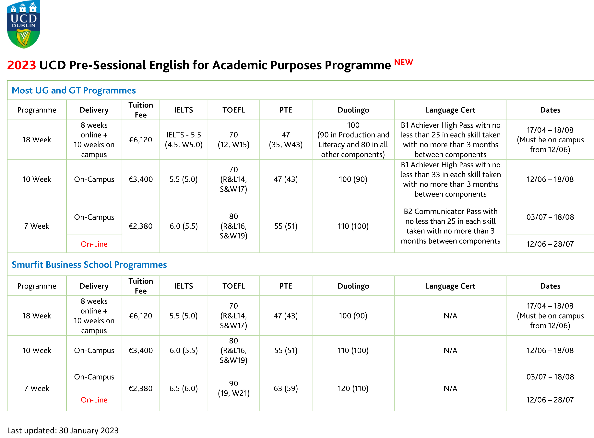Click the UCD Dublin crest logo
click(24, 24)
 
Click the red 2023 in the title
click(21, 65)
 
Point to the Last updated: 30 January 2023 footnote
click(63, 430)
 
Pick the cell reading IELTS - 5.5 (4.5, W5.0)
click(184, 140)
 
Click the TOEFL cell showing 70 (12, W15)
click(233, 140)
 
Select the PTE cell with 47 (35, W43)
click(285, 140)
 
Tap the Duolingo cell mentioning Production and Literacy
click(353, 140)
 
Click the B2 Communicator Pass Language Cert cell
click(450, 226)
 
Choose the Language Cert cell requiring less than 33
click(450, 179)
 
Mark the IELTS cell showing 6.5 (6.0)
click(184, 388)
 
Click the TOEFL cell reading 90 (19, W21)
click(233, 388)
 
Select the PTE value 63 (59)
click(285, 388)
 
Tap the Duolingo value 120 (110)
click(353, 388)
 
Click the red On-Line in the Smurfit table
click(94, 400)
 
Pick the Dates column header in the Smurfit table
click(550, 286)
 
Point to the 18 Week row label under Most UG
click(37, 140)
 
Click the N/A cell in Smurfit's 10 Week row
click(450, 350)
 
